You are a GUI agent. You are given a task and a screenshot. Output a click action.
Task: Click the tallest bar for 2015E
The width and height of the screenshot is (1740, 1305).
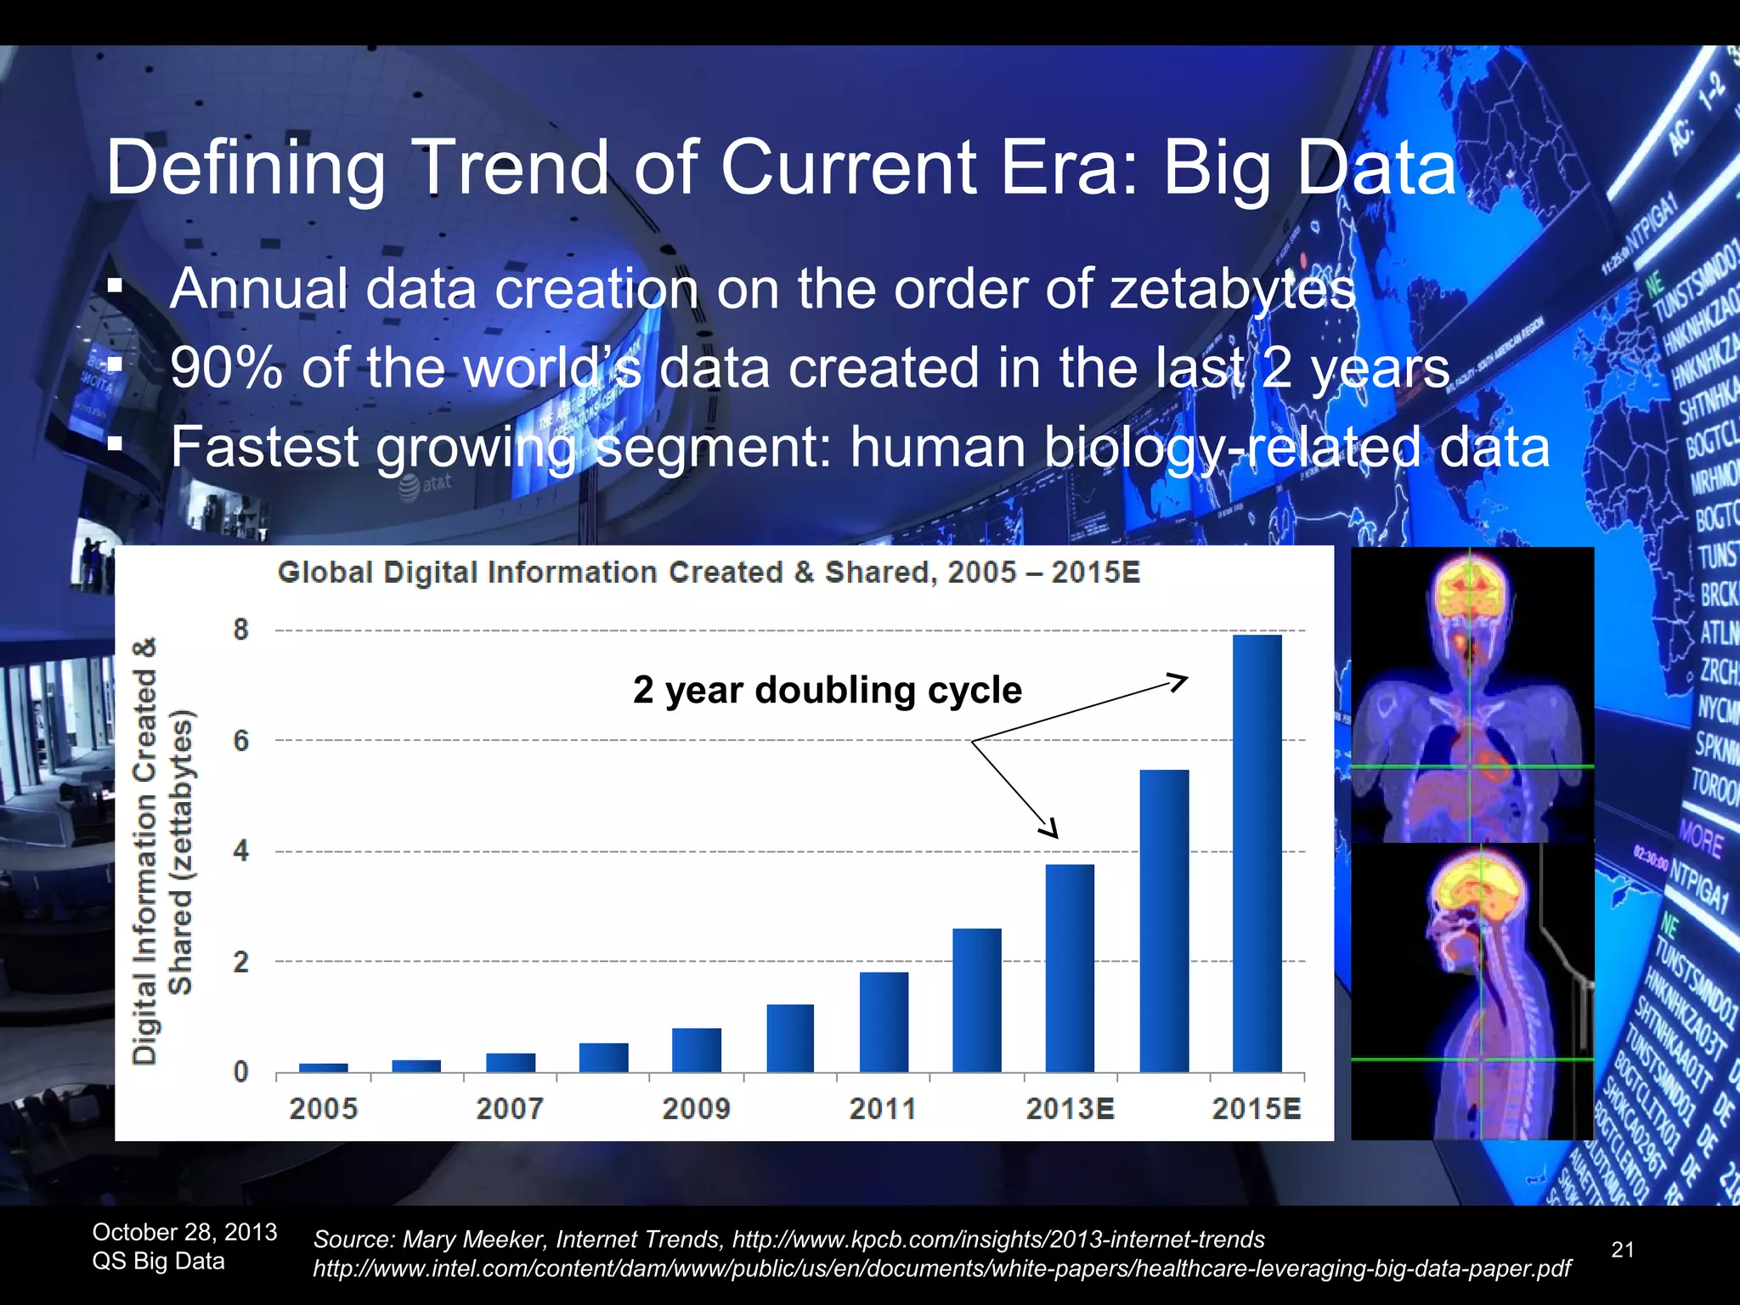tap(1257, 853)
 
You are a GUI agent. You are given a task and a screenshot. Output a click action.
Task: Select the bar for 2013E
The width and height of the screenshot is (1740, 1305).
tap(1070, 968)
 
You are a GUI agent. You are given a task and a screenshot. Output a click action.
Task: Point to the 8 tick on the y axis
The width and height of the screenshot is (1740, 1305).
tap(241, 630)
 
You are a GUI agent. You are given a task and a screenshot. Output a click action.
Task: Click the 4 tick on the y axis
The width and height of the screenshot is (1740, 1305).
tap(241, 850)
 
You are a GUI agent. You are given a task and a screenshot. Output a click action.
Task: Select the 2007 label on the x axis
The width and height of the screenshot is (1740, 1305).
tap(510, 1109)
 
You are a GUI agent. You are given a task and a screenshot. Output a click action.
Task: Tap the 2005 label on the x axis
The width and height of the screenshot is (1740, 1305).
tap(324, 1109)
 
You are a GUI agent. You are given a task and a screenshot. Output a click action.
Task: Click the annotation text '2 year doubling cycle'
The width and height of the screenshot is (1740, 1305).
tap(827, 690)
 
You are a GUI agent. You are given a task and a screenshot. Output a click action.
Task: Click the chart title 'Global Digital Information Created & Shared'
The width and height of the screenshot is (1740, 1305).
tap(709, 573)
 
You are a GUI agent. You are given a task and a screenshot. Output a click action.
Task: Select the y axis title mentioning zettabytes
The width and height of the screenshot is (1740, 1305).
tap(162, 850)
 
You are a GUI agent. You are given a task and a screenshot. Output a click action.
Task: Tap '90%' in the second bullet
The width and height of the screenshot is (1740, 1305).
tap(225, 368)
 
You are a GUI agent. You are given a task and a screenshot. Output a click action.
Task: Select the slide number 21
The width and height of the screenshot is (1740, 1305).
tap(1623, 1249)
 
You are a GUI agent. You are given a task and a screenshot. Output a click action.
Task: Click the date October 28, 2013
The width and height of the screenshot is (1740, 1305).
tap(184, 1232)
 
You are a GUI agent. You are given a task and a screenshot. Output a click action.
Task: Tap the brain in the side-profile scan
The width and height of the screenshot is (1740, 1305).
tap(1474, 892)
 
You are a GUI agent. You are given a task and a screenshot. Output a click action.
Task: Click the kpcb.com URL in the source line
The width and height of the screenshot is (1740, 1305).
tap(997, 1240)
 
